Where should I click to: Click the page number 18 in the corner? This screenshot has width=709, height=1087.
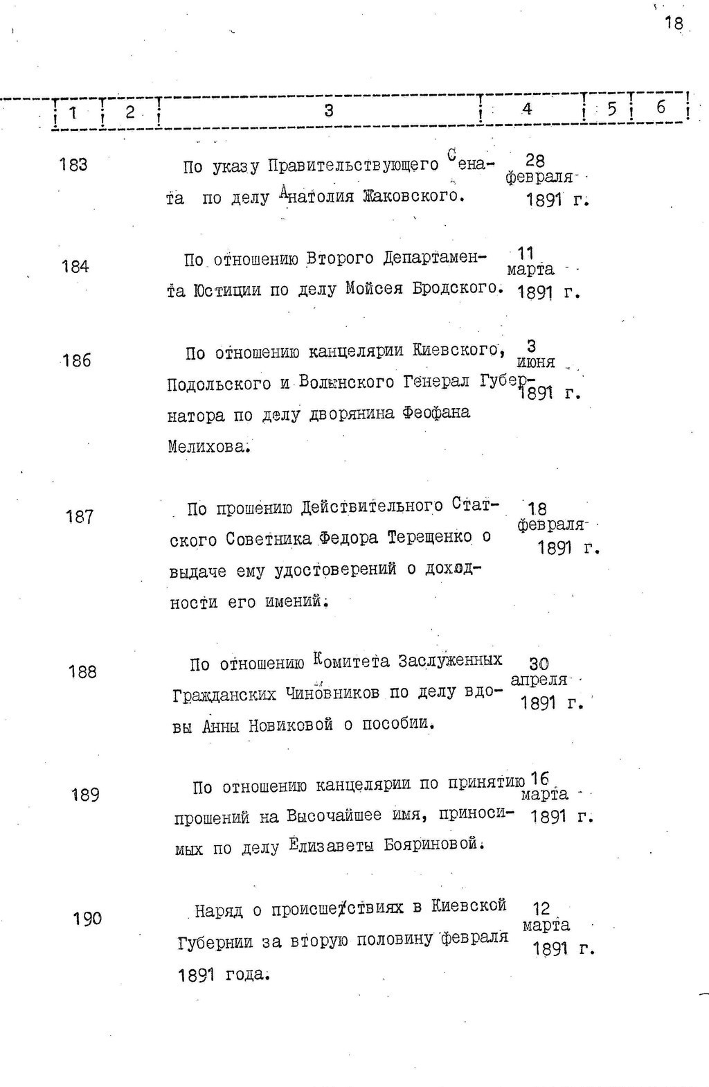pos(673,23)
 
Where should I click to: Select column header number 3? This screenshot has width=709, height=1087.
pos(329,110)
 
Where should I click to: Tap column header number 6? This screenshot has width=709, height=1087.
pos(661,107)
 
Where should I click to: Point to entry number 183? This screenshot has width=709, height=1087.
pos(73,165)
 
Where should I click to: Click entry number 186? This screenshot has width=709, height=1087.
pos(76,360)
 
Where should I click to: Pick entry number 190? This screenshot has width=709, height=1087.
pos(87,919)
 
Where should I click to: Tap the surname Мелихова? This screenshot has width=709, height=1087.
pos(207,446)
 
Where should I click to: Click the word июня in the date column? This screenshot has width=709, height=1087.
pos(535,362)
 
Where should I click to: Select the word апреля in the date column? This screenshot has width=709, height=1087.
pos(539,680)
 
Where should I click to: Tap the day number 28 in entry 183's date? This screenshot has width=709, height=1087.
pos(535,161)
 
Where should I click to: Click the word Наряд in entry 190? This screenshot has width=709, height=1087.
pos(217,910)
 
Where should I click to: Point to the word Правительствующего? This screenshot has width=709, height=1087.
pos(353,166)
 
